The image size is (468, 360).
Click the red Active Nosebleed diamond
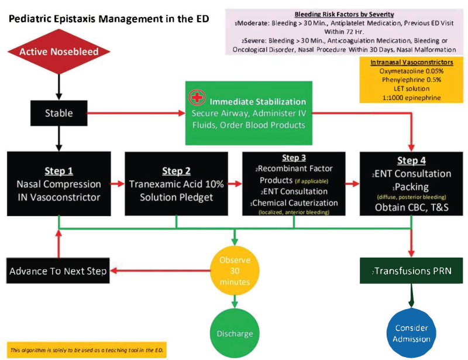click(x=59, y=52)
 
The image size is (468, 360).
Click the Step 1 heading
click(x=58, y=171)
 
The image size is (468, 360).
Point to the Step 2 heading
click(x=177, y=171)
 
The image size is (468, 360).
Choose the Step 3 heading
click(x=293, y=158)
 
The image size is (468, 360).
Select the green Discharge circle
click(x=235, y=334)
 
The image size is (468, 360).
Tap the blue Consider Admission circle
click(x=412, y=334)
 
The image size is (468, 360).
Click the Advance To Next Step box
click(x=59, y=271)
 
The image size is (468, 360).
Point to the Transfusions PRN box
click(x=412, y=271)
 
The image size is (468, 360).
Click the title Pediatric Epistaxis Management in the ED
click(x=109, y=19)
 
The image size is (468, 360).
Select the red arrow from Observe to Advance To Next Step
click(x=160, y=271)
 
